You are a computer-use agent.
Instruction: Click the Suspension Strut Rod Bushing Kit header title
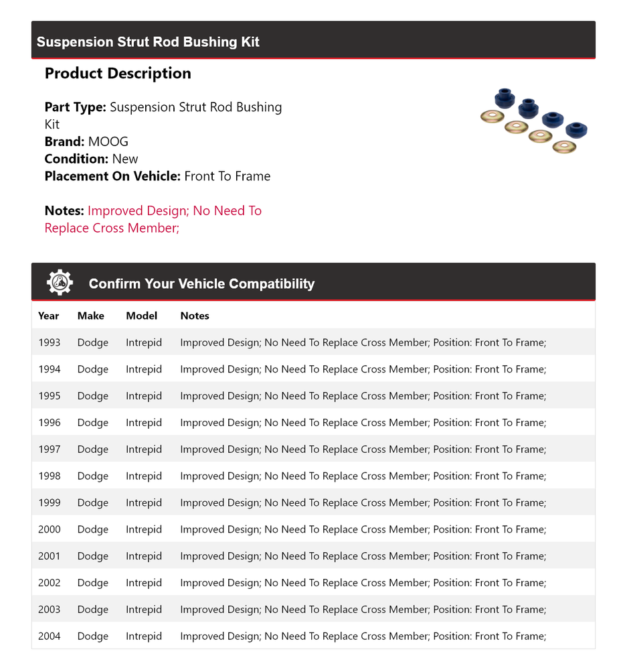click(148, 42)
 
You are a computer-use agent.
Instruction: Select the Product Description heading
click(118, 74)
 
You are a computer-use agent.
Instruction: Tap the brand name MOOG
click(108, 141)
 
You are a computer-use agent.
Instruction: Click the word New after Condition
click(125, 159)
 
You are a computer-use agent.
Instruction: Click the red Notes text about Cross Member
click(153, 219)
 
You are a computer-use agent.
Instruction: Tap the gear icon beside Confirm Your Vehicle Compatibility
click(60, 283)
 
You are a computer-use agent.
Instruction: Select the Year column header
click(48, 316)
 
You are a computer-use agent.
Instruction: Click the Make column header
click(90, 316)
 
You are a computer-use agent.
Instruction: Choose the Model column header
click(141, 316)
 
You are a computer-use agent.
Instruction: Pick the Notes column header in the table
click(195, 316)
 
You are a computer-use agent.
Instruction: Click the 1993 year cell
click(49, 342)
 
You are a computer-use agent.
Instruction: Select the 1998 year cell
click(49, 476)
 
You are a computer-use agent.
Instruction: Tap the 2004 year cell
click(49, 636)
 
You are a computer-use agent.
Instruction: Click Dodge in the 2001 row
click(92, 556)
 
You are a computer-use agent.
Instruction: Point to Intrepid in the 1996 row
click(144, 423)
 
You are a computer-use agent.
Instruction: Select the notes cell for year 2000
click(363, 529)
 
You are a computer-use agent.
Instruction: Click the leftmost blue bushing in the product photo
click(504, 98)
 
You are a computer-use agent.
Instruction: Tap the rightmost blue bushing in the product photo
click(576, 129)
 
